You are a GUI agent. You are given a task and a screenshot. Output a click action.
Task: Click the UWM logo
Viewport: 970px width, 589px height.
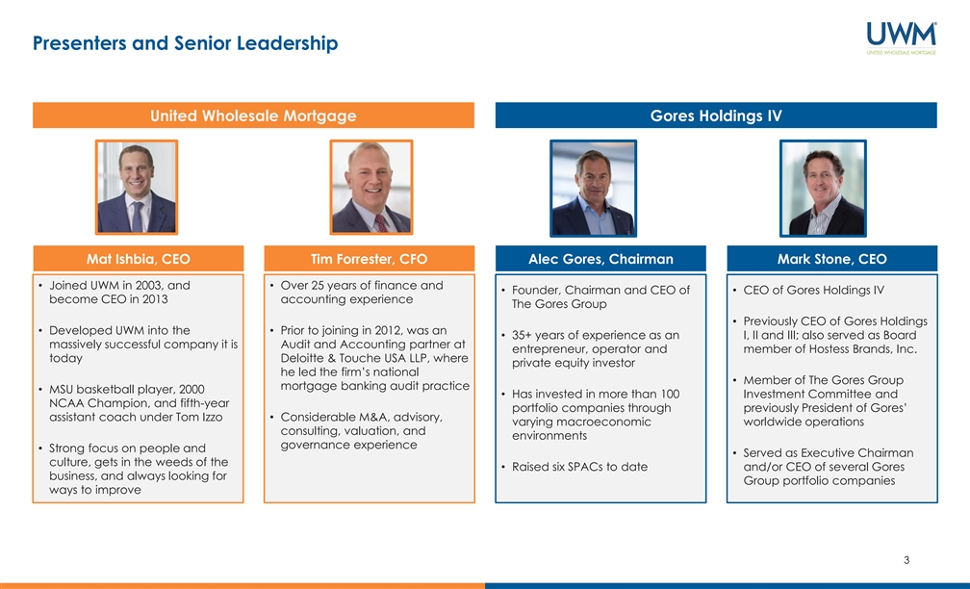click(x=902, y=38)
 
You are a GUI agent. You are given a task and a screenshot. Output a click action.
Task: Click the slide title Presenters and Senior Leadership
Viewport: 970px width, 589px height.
click(x=186, y=43)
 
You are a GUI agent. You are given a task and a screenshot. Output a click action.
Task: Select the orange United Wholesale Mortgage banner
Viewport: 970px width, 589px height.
click(x=254, y=115)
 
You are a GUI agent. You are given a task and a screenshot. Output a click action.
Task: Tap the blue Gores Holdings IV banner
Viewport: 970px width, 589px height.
click(x=716, y=115)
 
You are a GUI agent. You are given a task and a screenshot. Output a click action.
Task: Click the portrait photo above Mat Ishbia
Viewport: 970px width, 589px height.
click(x=137, y=188)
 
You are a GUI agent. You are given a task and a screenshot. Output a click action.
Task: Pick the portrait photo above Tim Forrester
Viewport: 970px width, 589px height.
click(x=371, y=188)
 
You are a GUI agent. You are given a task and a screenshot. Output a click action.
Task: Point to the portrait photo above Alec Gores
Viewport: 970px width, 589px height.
click(x=593, y=188)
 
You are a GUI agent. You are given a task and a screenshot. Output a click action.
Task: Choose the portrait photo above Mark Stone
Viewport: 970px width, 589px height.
click(x=823, y=188)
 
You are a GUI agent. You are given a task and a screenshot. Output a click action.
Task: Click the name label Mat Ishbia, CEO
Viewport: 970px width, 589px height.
click(x=138, y=259)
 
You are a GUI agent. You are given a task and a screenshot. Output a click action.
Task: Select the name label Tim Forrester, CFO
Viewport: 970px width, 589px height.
click(x=370, y=259)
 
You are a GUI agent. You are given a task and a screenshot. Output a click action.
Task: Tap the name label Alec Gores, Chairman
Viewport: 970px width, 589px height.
click(x=600, y=259)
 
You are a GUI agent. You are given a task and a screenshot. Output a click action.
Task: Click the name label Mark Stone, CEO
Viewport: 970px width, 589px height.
click(x=832, y=259)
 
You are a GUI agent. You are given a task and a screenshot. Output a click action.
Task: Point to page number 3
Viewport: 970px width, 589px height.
click(x=906, y=560)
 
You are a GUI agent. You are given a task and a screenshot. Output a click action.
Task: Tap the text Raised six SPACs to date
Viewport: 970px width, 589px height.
click(x=579, y=467)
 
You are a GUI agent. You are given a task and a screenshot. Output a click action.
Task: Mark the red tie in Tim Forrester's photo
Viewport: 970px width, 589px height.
click(x=382, y=223)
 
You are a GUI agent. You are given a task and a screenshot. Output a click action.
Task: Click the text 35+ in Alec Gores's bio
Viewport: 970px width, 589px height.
click(x=522, y=335)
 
